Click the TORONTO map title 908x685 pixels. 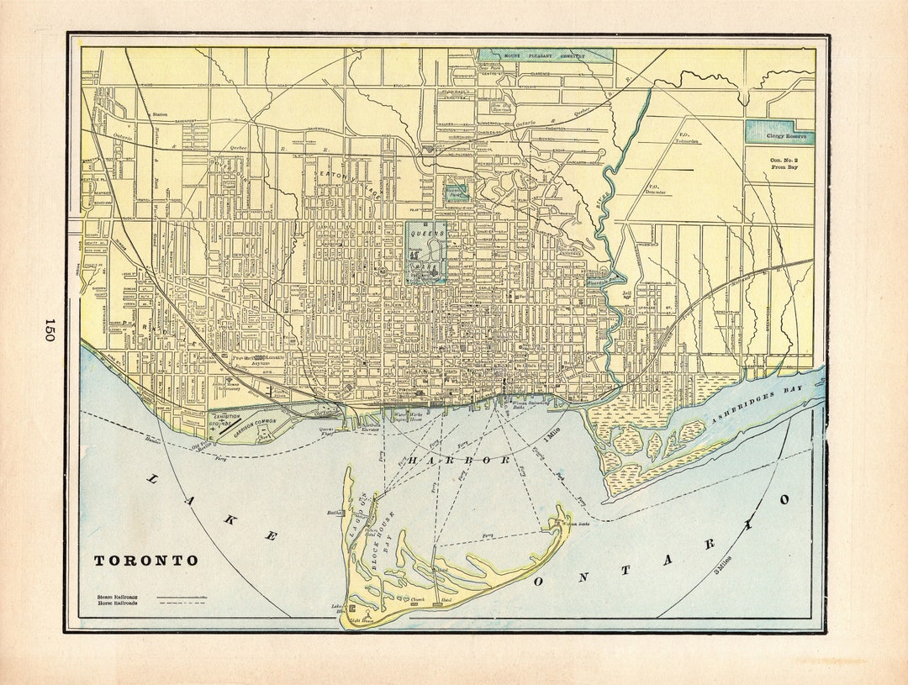(x=145, y=561)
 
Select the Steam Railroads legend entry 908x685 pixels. (x=117, y=596)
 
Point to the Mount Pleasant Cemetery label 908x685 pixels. (x=545, y=55)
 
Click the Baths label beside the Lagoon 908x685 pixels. (x=333, y=512)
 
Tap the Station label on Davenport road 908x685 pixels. (x=159, y=114)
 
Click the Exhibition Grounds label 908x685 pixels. (x=226, y=420)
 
